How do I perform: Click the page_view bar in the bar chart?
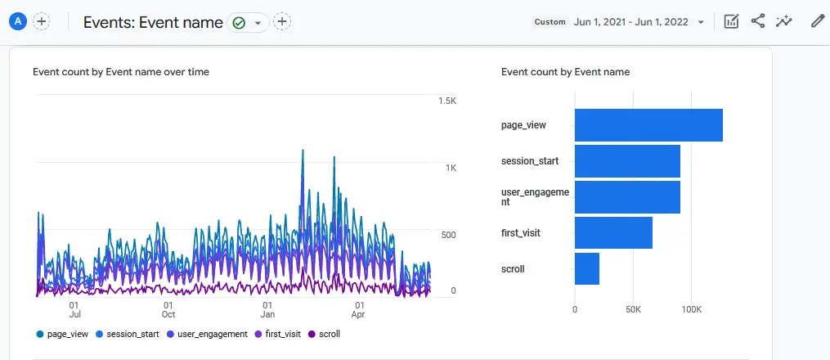pyautogui.click(x=648, y=125)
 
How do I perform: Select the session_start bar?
pyautogui.click(x=627, y=161)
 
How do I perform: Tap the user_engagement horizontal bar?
pyautogui.click(x=627, y=197)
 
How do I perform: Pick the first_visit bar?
pyautogui.click(x=613, y=233)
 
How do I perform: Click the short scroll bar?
pyautogui.click(x=587, y=269)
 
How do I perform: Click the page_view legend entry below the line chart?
pyautogui.click(x=63, y=334)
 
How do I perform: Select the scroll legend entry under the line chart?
pyautogui.click(x=325, y=334)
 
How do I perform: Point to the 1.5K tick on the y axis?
pyautogui.click(x=446, y=101)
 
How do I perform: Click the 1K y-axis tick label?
pyautogui.click(x=451, y=168)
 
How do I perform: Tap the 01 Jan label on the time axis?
pyautogui.click(x=267, y=308)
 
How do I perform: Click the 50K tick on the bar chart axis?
pyautogui.click(x=633, y=310)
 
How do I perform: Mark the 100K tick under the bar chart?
pyautogui.click(x=692, y=310)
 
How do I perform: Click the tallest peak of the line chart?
pyautogui.click(x=303, y=151)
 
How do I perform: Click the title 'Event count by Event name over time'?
pyautogui.click(x=121, y=72)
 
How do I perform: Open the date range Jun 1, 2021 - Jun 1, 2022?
pyautogui.click(x=631, y=22)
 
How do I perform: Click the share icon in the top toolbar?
pyautogui.click(x=758, y=22)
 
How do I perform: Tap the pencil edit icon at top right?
pyautogui.click(x=817, y=22)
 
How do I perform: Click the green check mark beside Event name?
pyautogui.click(x=239, y=23)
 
